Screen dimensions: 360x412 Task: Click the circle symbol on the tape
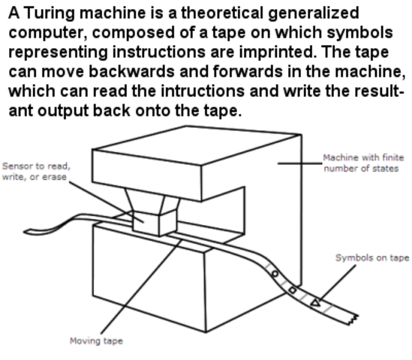pos(275,274)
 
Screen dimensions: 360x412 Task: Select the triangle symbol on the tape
pos(314,302)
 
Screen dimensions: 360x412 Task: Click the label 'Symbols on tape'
pos(371,258)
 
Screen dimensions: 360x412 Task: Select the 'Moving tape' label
pos(96,340)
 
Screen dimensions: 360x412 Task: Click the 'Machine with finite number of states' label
pos(363,163)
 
